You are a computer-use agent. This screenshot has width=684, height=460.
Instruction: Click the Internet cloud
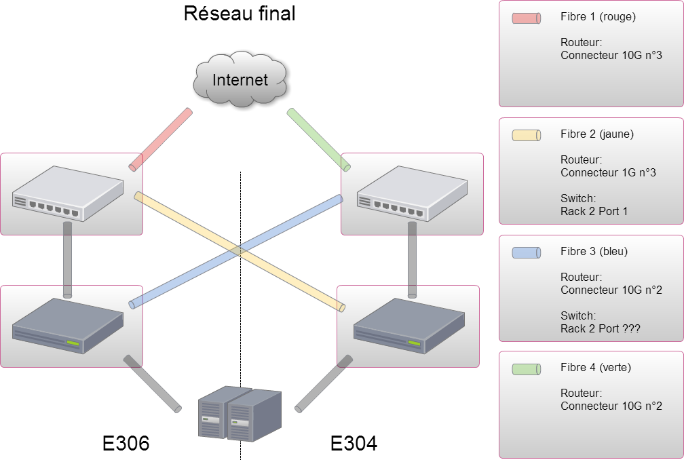pyautogui.click(x=240, y=81)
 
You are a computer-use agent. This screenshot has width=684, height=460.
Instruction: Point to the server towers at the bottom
pyautogui.click(x=239, y=413)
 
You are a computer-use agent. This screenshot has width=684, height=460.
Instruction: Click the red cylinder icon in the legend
pyautogui.click(x=526, y=18)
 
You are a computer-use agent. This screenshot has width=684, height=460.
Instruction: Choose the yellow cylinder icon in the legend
pyautogui.click(x=526, y=136)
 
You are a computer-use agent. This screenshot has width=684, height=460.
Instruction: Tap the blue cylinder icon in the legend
pyautogui.click(x=526, y=252)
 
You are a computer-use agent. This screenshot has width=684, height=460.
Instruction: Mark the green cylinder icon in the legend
pyautogui.click(x=526, y=369)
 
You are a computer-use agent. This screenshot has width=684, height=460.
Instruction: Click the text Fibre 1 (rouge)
pyautogui.click(x=598, y=17)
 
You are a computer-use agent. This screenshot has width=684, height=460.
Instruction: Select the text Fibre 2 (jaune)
pyautogui.click(x=597, y=134)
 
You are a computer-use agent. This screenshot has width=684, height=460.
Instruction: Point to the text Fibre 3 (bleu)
pyautogui.click(x=594, y=251)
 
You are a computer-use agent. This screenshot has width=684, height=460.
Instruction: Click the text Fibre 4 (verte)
pyautogui.click(x=596, y=368)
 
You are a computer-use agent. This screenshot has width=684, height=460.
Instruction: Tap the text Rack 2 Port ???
pyautogui.click(x=601, y=329)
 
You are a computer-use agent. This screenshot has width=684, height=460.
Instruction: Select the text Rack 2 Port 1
pyautogui.click(x=594, y=212)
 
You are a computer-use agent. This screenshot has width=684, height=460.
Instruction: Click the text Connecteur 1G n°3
pyautogui.click(x=609, y=173)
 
